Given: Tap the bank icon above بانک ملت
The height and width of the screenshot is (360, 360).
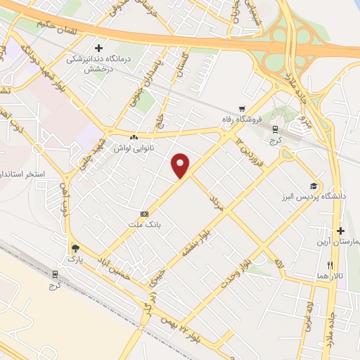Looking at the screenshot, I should pos(145,213).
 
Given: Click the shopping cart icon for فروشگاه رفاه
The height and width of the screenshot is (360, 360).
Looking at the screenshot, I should pos(241,109).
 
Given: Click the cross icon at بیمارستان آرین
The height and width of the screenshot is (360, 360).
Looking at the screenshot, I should pos(340,231).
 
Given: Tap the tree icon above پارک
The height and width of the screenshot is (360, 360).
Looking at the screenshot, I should pos(75,247).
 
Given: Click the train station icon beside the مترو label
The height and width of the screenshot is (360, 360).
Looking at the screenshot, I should pos(276,129).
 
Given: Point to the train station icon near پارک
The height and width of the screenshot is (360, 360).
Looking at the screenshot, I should pos(55,274).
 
